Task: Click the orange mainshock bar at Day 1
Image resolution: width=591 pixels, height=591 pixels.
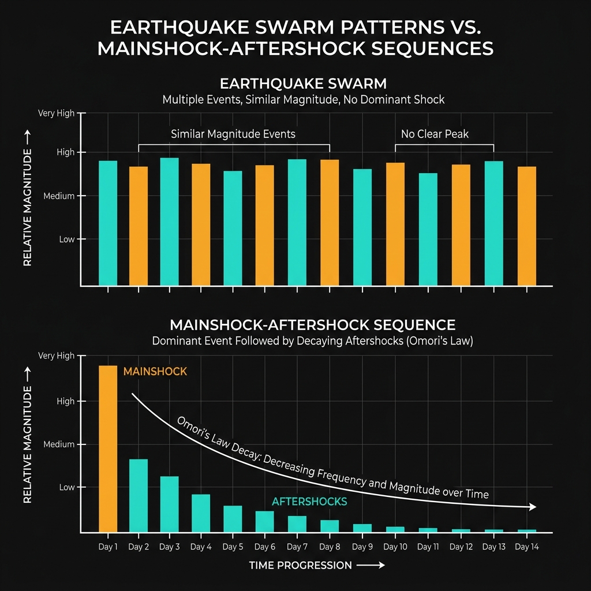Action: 108,448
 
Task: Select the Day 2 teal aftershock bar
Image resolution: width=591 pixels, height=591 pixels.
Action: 139,495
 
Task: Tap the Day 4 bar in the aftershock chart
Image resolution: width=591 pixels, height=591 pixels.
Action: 201,513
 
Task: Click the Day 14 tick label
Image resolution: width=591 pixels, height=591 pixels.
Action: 526,547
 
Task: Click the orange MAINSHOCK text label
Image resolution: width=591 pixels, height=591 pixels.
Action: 155,372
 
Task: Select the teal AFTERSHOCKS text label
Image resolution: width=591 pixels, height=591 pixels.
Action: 309,502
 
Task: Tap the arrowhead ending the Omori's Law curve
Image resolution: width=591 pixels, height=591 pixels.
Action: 532,507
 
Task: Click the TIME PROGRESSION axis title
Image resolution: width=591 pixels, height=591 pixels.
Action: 300,566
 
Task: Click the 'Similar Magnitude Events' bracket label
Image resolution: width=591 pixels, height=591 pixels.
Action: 233,134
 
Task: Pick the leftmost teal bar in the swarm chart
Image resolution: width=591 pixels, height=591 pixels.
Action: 108,223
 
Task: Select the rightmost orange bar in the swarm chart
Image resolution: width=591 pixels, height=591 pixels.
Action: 526,226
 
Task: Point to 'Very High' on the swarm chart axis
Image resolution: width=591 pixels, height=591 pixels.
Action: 56,113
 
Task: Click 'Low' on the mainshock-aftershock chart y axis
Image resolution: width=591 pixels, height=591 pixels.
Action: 67,487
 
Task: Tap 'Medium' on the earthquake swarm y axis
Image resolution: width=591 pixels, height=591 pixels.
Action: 59,196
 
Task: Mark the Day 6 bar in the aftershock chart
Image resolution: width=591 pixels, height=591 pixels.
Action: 264,521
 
